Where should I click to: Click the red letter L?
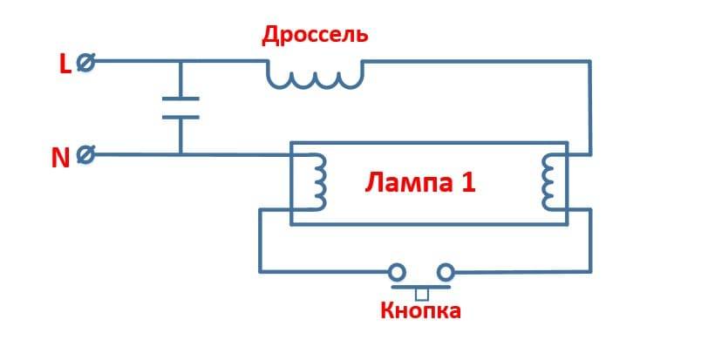(64, 64)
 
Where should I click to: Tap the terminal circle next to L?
(85, 63)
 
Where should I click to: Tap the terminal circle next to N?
(85, 155)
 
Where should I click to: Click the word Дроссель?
(315, 36)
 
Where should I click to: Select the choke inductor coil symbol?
(315, 76)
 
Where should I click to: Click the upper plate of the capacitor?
(180, 98)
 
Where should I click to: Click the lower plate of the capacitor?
(180, 117)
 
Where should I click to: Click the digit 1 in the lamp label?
(468, 184)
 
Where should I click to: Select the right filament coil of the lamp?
(549, 183)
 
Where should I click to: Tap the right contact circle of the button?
(446, 271)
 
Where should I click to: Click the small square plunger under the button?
(422, 294)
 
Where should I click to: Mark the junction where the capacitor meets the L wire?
(180, 61)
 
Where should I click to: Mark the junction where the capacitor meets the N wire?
(180, 155)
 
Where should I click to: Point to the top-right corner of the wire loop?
(590, 61)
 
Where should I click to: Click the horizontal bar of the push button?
(422, 286)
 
